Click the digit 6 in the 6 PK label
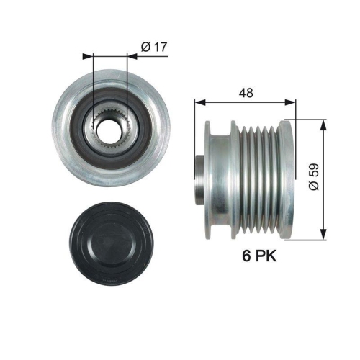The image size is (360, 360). point(247,256)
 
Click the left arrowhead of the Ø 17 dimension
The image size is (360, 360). point(88,55)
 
